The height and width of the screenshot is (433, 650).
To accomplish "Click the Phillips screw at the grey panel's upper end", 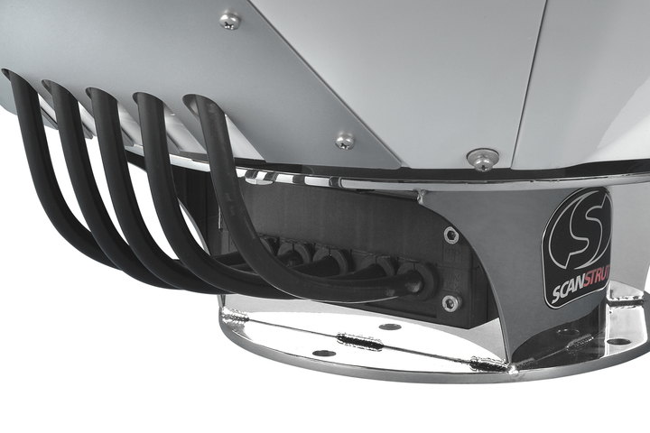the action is click(229, 21).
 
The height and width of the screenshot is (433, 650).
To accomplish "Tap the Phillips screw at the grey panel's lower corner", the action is click(345, 141).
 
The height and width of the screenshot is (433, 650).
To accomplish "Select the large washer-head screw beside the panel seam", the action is click(483, 160).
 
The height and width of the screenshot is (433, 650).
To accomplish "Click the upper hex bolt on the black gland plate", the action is click(451, 235).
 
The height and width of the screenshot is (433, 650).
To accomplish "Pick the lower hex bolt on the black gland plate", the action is click(450, 303).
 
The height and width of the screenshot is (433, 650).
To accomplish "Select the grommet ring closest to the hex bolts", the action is click(416, 280).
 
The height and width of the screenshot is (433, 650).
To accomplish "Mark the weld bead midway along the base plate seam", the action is click(359, 341).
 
